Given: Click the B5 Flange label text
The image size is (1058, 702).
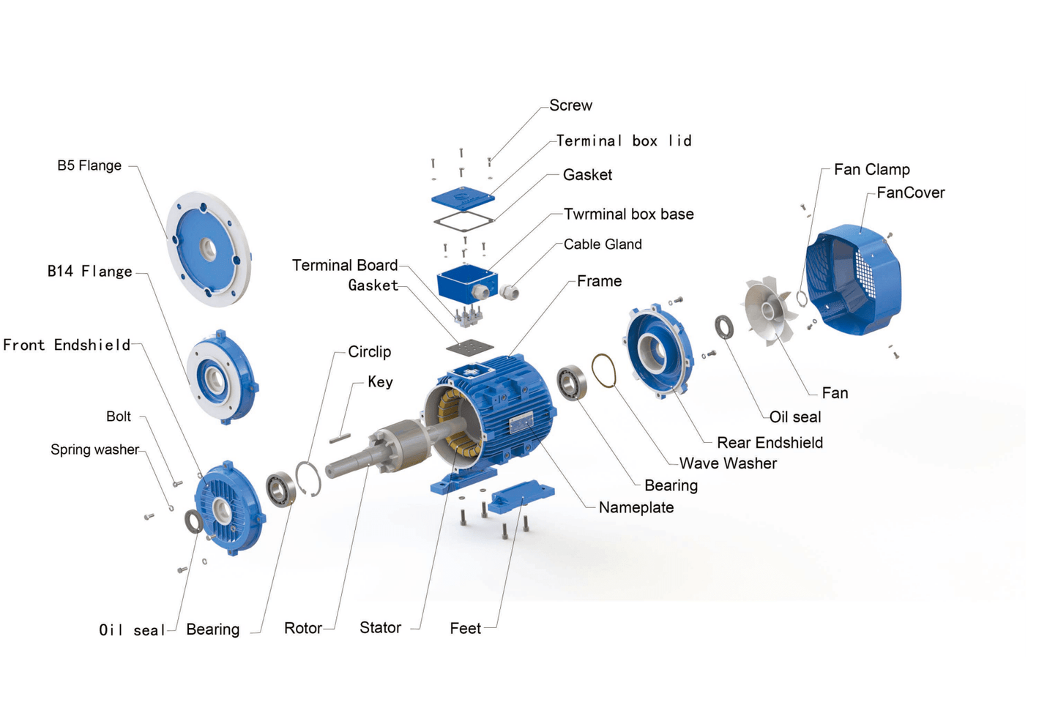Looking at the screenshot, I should point(89,165).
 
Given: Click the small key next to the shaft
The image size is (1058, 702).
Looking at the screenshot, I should point(340,438).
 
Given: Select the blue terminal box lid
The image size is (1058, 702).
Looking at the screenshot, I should point(463,198).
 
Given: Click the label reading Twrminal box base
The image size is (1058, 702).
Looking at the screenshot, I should point(628,214).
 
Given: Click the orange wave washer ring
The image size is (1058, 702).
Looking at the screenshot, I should point(603,370).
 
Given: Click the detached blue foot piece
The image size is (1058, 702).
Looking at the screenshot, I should point(521,498).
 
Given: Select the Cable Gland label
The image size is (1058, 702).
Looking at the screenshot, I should point(603,244).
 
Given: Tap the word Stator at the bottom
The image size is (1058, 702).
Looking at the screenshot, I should point(380,627).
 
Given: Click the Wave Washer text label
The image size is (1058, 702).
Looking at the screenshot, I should point(728,463).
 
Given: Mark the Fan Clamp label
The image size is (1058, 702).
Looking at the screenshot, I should point(871,169).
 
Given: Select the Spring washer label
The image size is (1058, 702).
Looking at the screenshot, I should point(94,449).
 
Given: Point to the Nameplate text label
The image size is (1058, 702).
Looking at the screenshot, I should point(636,507).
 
